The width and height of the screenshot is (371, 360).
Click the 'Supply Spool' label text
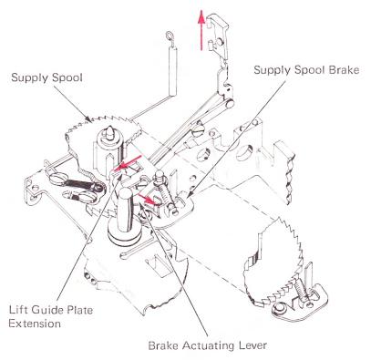pos(46,77)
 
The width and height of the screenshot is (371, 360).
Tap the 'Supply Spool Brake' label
pos(306,70)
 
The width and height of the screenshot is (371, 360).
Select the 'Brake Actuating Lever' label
pos(208,345)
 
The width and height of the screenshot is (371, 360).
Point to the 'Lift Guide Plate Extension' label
pos(51,317)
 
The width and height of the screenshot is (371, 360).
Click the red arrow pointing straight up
pos(201,29)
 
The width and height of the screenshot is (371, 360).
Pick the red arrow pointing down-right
pos(147,198)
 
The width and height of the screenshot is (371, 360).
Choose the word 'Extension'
pos(35,324)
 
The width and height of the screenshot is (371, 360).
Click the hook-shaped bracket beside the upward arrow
pos(218,37)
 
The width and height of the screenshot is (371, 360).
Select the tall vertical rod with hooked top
pos(172,64)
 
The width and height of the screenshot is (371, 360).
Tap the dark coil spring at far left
pos(78,183)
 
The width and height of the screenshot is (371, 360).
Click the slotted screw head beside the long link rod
pos(198,134)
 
